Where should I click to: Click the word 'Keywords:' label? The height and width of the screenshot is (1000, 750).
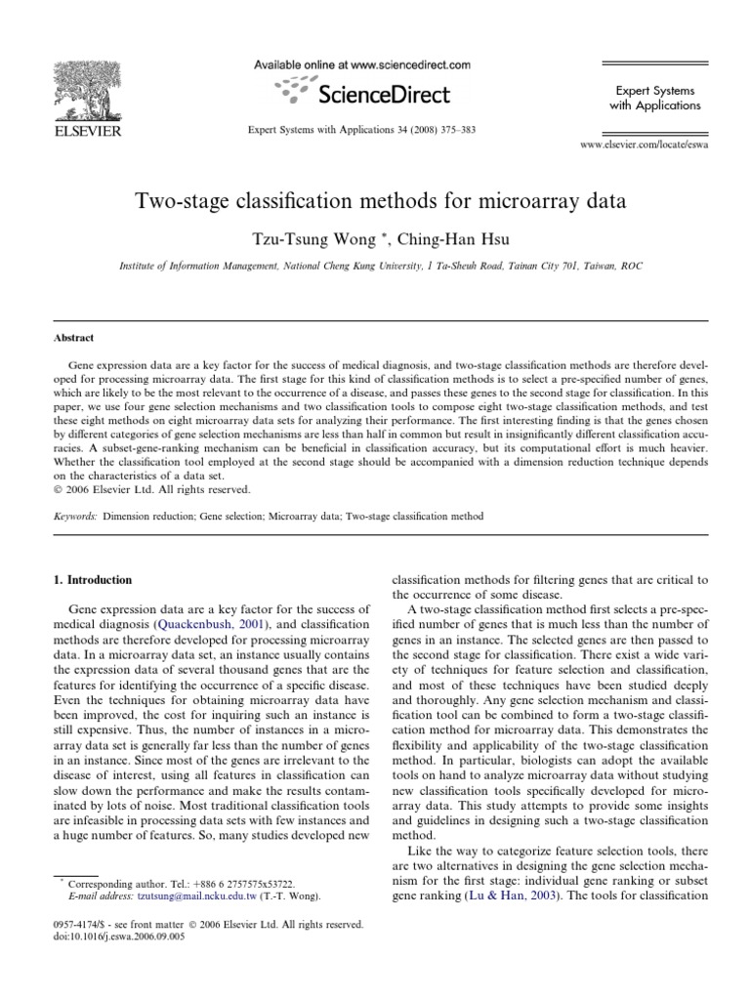[74, 515]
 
